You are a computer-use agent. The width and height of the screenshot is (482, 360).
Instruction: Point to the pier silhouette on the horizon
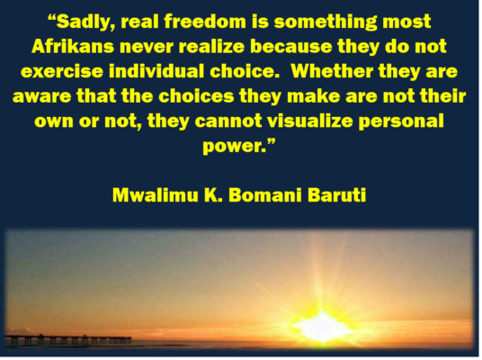tap(67, 340)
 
